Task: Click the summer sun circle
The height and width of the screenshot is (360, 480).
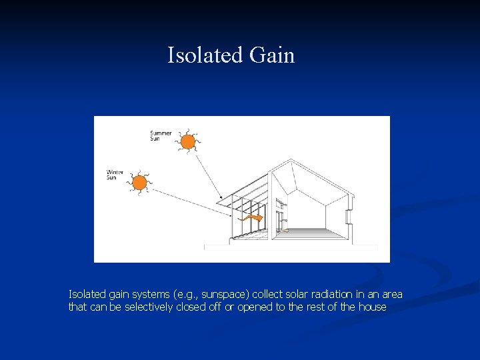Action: point(188,141)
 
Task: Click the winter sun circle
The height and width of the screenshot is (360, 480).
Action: point(140,182)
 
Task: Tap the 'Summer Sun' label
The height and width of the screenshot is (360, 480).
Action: point(160,135)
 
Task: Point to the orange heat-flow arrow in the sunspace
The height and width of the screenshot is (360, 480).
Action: point(252,218)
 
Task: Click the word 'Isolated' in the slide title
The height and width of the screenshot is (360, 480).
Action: point(205,55)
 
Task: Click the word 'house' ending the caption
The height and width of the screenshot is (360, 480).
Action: point(372,307)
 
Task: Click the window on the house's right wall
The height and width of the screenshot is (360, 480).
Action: point(348,217)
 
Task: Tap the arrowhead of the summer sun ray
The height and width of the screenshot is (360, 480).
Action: point(221,198)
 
